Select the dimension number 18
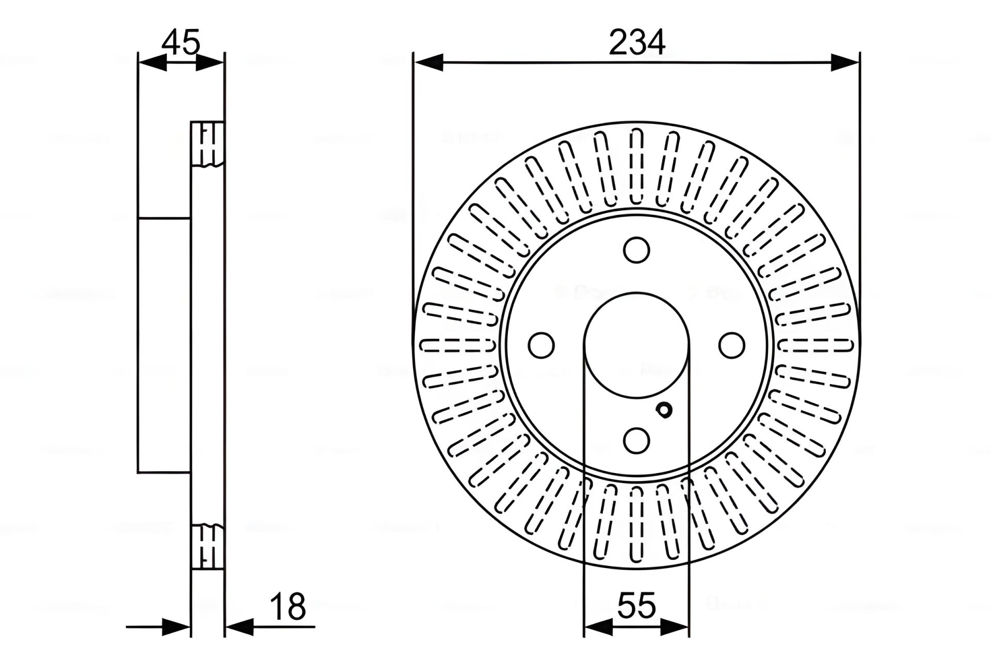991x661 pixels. pyautogui.click(x=288, y=607)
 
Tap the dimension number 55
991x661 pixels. pyautogui.click(x=636, y=605)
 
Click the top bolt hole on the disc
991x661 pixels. pyautogui.click(x=636, y=250)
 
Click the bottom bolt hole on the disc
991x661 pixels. pyautogui.click(x=636, y=440)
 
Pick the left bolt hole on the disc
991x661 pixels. pyautogui.click(x=542, y=345)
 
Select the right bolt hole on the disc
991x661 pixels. pyautogui.click(x=732, y=345)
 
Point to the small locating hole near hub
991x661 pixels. pyautogui.click(x=664, y=410)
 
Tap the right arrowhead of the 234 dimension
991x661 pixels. pyautogui.click(x=844, y=63)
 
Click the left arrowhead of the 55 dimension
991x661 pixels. pyautogui.click(x=598, y=627)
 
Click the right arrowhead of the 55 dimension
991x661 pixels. pyautogui.click(x=675, y=627)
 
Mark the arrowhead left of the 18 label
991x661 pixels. pyautogui.click(x=239, y=627)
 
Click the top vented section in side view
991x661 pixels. pyautogui.click(x=207, y=144)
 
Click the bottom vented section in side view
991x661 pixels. pyautogui.click(x=207, y=546)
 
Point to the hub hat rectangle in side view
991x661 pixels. pyautogui.click(x=164, y=345)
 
